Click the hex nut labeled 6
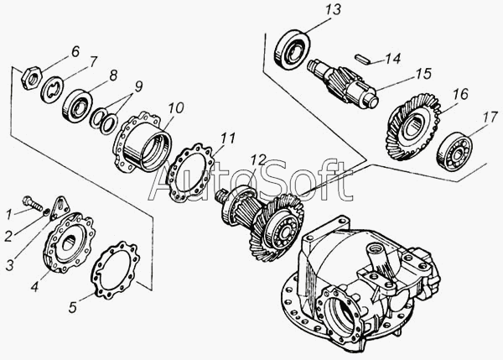click(x=31, y=78)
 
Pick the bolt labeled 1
click(x=32, y=204)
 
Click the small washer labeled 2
click(x=47, y=212)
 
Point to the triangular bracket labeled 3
click(x=60, y=206)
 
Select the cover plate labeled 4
click(x=69, y=243)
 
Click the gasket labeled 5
click(x=115, y=270)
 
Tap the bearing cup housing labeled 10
click(x=143, y=142)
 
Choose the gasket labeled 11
click(x=189, y=174)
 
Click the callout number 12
click(x=258, y=159)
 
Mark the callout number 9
click(x=138, y=86)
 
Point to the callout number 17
click(x=489, y=117)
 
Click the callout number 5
click(x=73, y=307)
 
